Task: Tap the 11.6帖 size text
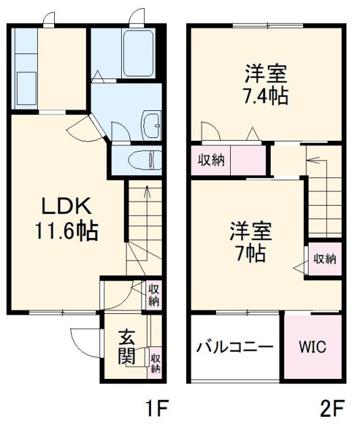66,231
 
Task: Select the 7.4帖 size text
266,95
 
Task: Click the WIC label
313,347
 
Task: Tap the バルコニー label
235,348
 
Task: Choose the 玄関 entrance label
127,346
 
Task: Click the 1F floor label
156,409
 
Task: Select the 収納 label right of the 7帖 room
323,258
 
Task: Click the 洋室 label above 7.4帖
266,72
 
